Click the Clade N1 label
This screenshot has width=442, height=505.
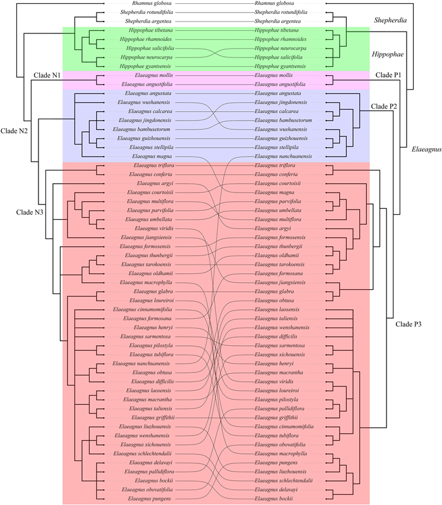coord(47,76)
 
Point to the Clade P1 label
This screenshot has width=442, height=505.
coord(390,75)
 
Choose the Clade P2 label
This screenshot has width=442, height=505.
coord(384,105)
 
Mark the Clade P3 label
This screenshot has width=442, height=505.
coord(399,324)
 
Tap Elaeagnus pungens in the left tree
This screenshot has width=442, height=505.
coord(150,499)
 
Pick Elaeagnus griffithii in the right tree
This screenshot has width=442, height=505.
coord(277,418)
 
